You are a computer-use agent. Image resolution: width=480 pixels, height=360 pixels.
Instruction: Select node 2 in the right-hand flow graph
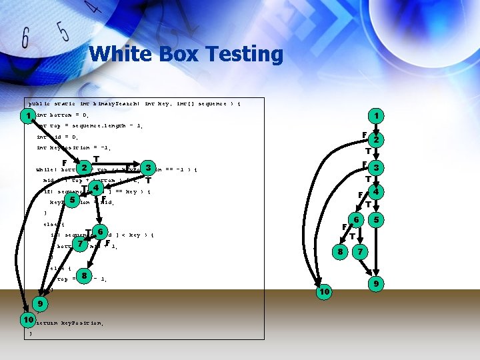(x=377, y=140)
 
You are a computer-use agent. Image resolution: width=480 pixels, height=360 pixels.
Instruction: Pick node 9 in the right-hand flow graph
(x=377, y=285)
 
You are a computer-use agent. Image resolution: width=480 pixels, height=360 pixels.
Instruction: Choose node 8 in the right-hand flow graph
(x=340, y=252)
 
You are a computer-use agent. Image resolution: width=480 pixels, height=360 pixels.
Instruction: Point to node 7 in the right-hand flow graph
(x=361, y=252)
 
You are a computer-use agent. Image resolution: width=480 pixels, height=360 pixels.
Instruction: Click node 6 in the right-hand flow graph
(x=357, y=219)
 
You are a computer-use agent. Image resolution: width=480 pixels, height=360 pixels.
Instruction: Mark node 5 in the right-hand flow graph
(x=377, y=219)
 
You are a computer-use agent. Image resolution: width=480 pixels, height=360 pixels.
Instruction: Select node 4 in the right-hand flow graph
(x=377, y=192)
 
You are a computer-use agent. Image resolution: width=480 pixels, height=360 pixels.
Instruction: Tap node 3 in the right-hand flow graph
(x=377, y=167)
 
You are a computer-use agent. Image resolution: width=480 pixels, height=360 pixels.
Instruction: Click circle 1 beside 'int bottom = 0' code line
(x=27, y=116)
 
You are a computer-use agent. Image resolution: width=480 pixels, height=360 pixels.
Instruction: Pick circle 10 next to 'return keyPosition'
(x=27, y=321)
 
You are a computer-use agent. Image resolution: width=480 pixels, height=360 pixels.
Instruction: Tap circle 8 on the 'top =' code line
(x=84, y=275)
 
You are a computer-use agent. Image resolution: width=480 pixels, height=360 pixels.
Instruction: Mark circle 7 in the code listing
(x=81, y=244)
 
